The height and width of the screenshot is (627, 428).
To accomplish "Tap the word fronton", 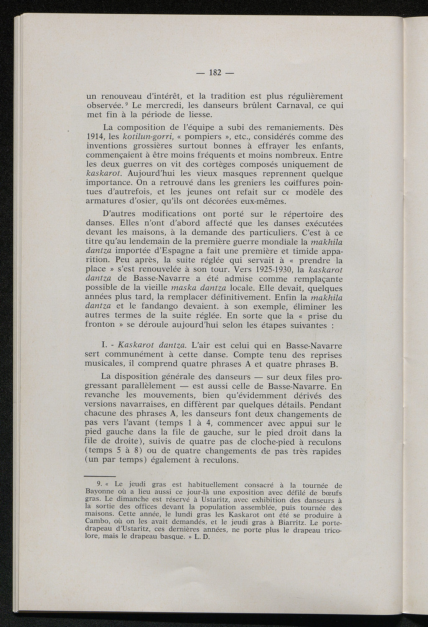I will [100, 325].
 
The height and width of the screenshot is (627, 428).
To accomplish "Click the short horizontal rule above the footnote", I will [99, 476].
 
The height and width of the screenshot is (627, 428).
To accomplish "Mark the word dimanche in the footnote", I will [137, 499].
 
